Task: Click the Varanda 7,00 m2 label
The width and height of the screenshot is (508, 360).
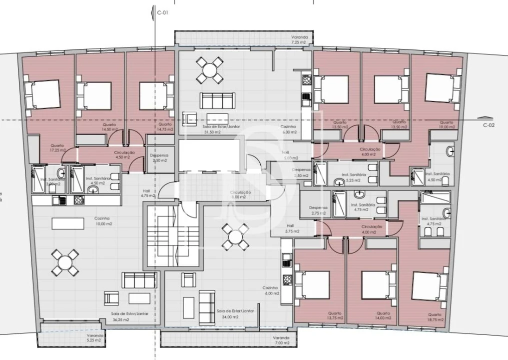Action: (x=281, y=340)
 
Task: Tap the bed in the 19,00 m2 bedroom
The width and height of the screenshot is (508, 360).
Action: (x=443, y=87)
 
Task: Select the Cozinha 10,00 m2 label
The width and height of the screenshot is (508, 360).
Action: (x=103, y=221)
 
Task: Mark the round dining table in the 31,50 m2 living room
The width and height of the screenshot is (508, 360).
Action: (x=209, y=70)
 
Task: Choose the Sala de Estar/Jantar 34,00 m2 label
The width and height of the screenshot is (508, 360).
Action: (x=235, y=313)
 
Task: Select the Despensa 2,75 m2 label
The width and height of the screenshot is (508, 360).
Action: (x=318, y=210)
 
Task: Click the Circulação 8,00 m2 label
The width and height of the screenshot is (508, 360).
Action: (x=240, y=194)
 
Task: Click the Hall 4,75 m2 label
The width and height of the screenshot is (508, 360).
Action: (x=148, y=193)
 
